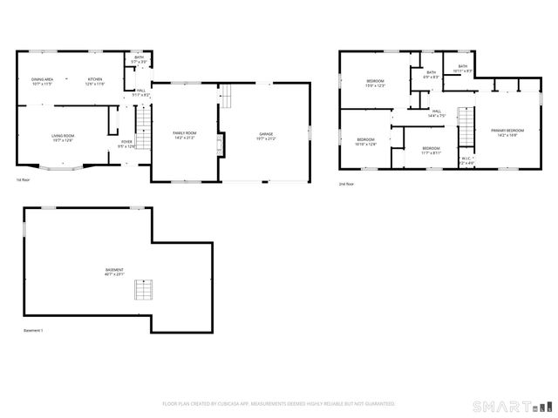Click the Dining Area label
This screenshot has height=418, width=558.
[42, 82]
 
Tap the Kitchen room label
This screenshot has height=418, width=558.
[94, 82]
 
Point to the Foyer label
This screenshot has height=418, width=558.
[126, 144]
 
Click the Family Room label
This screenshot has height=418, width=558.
[184, 136]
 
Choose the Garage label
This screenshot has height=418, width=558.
[265, 136]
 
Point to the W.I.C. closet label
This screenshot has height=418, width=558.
[466, 159]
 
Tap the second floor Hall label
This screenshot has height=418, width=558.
[436, 112]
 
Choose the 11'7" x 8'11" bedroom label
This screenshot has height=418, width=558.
[431, 150]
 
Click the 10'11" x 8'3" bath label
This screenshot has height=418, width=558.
[462, 68]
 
